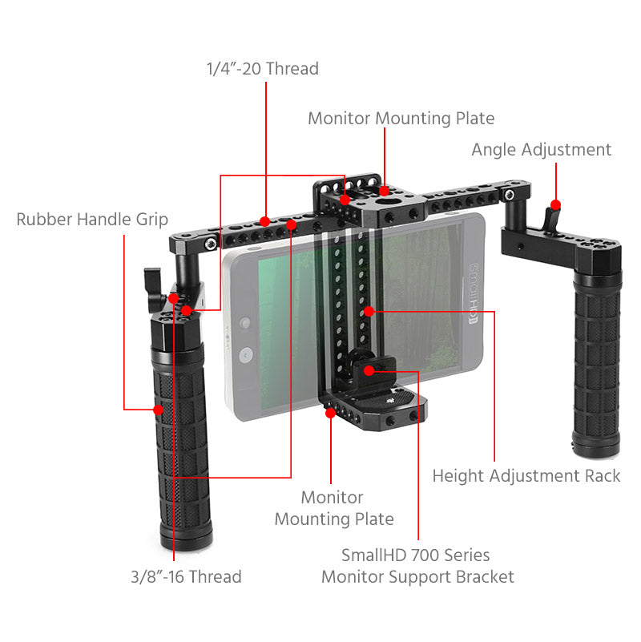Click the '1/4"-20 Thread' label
coord(262,69)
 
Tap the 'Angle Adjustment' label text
coord(541,150)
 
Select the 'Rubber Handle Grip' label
coord(92,220)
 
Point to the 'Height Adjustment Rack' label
coord(526,476)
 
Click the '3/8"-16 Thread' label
coord(186,576)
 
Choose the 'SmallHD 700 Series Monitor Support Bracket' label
coord(417,566)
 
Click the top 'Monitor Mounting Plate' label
coord(401,119)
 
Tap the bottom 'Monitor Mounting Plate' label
coord(334,508)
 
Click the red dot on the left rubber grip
coord(158,410)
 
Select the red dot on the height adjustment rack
coord(367,310)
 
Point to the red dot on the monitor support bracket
coord(369,370)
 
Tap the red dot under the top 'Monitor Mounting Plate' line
coord(385,192)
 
